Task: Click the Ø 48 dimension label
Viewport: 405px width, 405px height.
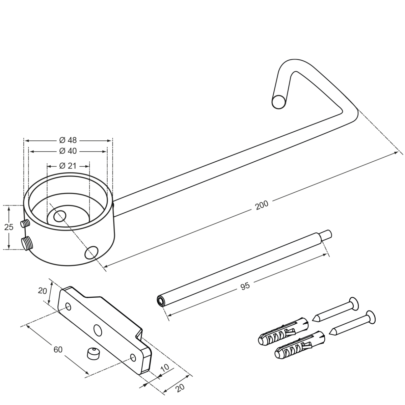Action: [68, 140]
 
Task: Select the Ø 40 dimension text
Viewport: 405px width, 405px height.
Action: [68, 151]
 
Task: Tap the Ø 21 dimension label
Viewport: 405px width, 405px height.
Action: [68, 166]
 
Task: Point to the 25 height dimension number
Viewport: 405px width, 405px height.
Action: [9, 227]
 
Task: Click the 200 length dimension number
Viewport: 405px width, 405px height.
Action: [262, 205]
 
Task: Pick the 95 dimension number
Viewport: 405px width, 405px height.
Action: [245, 286]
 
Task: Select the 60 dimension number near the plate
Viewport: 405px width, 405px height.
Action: [58, 350]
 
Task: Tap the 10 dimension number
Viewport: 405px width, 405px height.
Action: [164, 368]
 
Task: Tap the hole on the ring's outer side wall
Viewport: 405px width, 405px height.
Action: [91, 252]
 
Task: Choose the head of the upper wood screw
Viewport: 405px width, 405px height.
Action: [353, 304]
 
